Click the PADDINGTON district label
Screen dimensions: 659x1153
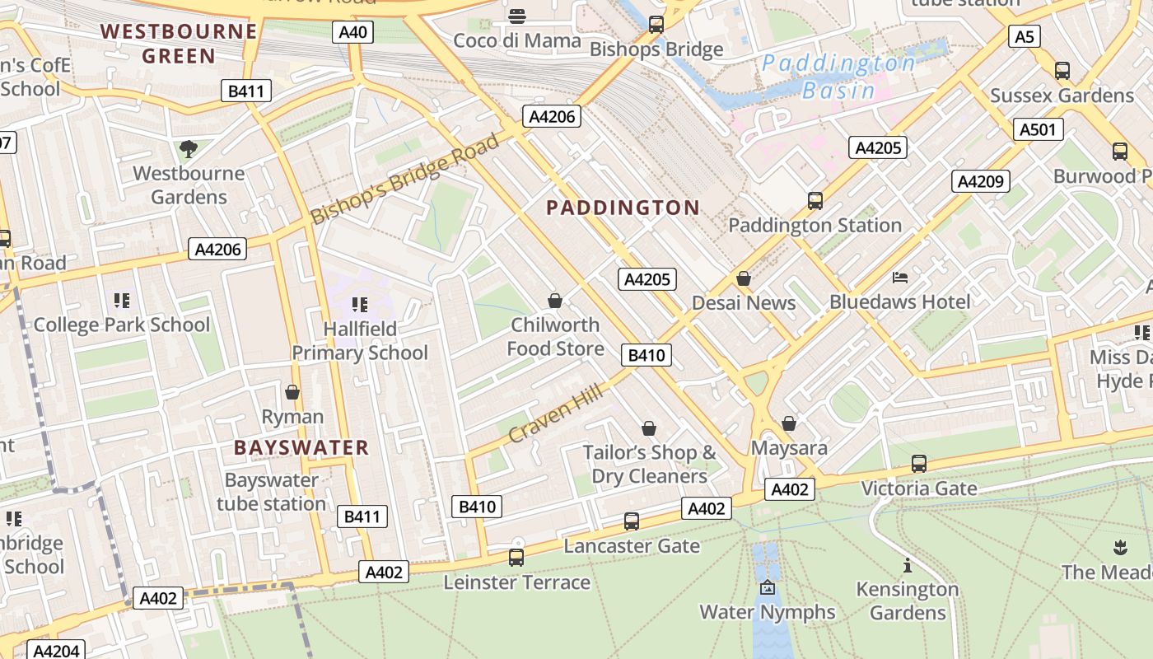[623, 208]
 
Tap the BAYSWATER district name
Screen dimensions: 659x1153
[301, 448]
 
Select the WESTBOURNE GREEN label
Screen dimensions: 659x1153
[179, 44]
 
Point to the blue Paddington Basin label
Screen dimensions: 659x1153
[838, 77]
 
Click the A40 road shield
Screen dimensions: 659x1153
[353, 32]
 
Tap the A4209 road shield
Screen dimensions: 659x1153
[981, 181]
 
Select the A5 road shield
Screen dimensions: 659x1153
[1024, 36]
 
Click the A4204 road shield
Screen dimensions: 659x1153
[57, 651]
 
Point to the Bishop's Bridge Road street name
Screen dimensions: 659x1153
[404, 179]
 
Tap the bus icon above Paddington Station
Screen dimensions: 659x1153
[815, 200]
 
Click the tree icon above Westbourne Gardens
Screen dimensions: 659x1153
[189, 149]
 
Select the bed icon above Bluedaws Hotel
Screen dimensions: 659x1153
[900, 278]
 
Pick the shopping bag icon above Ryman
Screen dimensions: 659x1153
[292, 392]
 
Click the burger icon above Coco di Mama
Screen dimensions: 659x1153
[517, 16]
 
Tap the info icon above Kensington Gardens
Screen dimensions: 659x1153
[908, 565]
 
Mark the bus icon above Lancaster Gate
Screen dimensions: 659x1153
[632, 521]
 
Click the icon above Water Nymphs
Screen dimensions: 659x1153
[768, 587]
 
